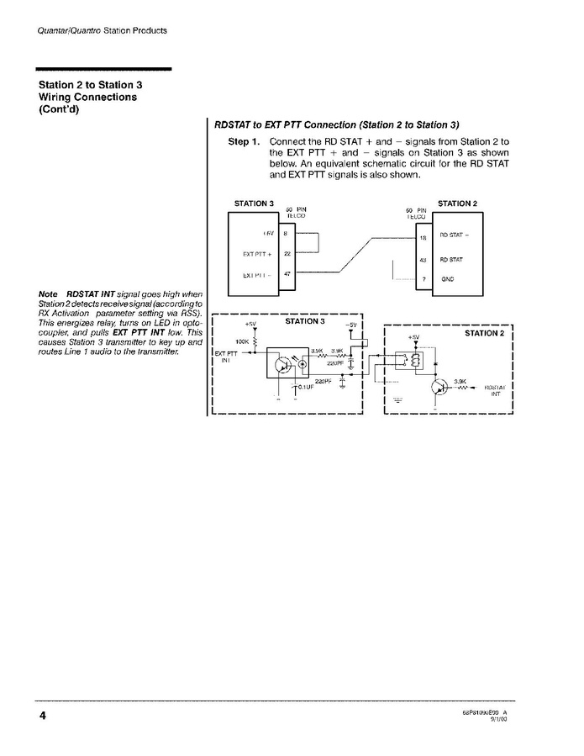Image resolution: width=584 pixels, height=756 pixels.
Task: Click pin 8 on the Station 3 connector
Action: pyautogui.click(x=286, y=232)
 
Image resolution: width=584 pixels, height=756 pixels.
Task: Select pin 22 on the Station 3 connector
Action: pyautogui.click(x=286, y=254)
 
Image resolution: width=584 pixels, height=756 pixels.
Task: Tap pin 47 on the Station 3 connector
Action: pyautogui.click(x=286, y=275)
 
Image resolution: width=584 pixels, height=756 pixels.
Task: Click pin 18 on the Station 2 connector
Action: pyautogui.click(x=424, y=238)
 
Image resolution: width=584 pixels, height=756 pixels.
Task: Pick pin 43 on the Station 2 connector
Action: pyautogui.click(x=424, y=260)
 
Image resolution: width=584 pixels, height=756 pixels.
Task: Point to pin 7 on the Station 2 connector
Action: pyautogui.click(x=424, y=279)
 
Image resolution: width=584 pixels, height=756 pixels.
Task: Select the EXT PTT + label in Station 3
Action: pyautogui.click(x=255, y=254)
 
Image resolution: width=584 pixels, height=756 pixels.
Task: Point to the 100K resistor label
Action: pyautogui.click(x=243, y=341)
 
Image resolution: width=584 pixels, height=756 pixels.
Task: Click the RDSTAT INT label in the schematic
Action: pyautogui.click(x=495, y=389)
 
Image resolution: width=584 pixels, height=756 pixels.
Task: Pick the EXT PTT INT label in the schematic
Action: pyautogui.click(x=225, y=357)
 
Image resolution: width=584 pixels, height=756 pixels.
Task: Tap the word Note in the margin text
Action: pyautogui.click(x=47, y=293)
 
